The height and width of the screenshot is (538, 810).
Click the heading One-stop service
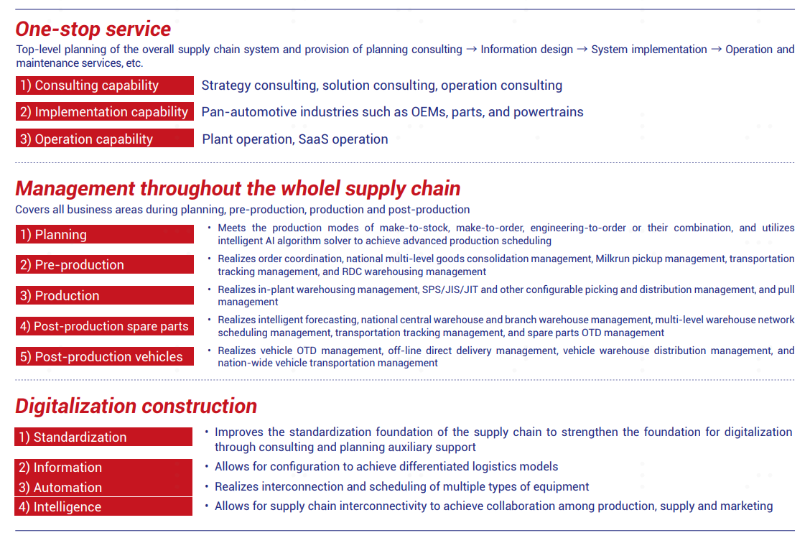click(93, 29)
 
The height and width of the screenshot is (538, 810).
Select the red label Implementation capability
click(105, 111)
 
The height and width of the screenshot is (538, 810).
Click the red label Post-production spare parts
click(105, 326)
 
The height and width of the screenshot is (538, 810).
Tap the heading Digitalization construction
click(136, 407)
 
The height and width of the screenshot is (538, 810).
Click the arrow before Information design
click(472, 50)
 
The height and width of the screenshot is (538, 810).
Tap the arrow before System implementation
click(582, 50)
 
